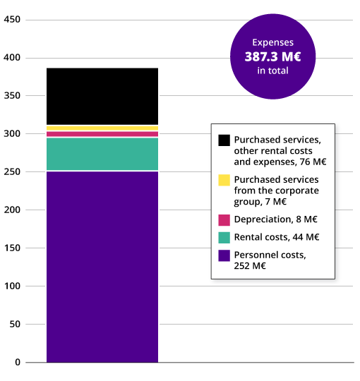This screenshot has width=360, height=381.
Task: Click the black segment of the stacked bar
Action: pyautogui.click(x=102, y=96)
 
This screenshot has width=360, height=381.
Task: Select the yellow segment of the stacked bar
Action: pyautogui.click(x=102, y=128)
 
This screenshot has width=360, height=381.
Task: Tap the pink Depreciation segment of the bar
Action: pyautogui.click(x=102, y=134)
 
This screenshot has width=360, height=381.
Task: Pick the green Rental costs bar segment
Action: pyautogui.click(x=102, y=154)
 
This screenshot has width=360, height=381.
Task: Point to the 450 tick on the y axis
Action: pyautogui.click(x=13, y=20)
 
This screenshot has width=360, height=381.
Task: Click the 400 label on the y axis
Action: pyautogui.click(x=13, y=58)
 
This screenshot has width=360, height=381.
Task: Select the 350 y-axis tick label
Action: pyautogui.click(x=13, y=96)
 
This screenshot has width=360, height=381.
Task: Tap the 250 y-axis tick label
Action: pyautogui.click(x=13, y=172)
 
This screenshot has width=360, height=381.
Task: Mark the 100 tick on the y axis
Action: pyautogui.click(x=13, y=286)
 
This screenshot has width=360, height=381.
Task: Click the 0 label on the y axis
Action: pyautogui.click(x=18, y=363)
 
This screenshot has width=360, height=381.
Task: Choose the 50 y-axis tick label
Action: pyautogui.click(x=16, y=325)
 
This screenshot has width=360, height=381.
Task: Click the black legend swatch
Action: pyautogui.click(x=224, y=140)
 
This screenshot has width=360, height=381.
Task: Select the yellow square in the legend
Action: pyautogui.click(x=224, y=180)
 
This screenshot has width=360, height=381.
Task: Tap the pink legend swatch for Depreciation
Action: pyautogui.click(x=224, y=220)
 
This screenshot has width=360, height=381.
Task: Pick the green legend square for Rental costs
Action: pyautogui.click(x=224, y=237)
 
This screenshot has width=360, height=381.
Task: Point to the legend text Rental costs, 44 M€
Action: pyautogui.click(x=277, y=237)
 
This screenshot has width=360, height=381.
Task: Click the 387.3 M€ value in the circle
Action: pyautogui.click(x=272, y=56)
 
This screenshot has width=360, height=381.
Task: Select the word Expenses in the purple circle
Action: pyautogui.click(x=272, y=42)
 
